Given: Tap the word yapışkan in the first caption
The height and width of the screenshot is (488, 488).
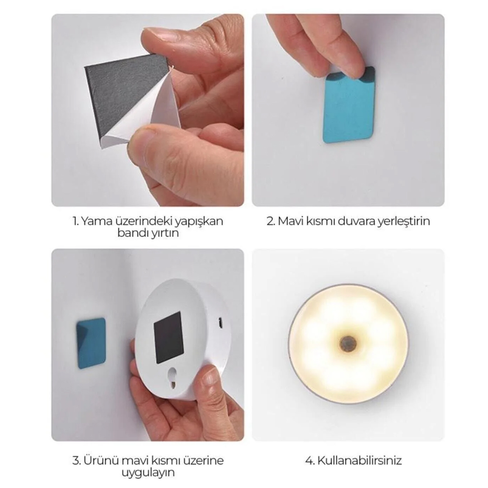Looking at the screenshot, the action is tap(198, 222).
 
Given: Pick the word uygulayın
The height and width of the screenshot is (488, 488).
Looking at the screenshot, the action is tap(148, 473).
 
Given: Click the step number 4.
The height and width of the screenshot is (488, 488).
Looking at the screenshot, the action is tap(310, 460).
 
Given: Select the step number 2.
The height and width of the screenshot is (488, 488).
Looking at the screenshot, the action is tap(271, 221).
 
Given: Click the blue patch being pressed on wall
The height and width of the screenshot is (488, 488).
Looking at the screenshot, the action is tap(348, 106).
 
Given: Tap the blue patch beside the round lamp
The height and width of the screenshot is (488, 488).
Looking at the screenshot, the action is tap(91, 343).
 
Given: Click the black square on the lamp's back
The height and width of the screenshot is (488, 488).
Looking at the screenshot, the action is tap(169, 338).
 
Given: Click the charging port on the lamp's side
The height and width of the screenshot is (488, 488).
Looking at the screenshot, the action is tap(221, 323).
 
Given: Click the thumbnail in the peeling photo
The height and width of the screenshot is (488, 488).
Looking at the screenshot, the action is tap(162, 34).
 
